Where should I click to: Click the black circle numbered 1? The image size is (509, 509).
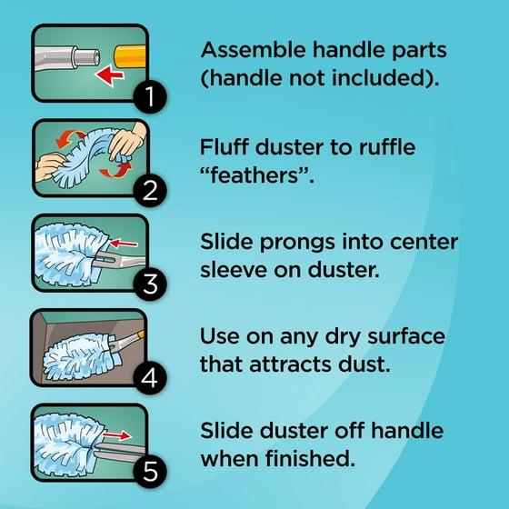(150, 96)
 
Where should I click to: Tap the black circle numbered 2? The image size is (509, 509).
(150, 190)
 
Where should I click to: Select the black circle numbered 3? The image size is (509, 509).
(150, 284)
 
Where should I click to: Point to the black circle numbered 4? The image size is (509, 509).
(150, 377)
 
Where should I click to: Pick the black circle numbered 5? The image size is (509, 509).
(150, 472)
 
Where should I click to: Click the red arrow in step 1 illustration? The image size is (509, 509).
(109, 75)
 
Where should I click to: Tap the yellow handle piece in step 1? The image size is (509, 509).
(129, 56)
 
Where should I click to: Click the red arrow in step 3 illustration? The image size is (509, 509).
(124, 244)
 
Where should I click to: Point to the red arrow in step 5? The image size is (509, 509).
(117, 435)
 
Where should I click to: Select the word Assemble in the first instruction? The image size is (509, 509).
(254, 50)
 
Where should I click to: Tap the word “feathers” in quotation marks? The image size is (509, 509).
(254, 175)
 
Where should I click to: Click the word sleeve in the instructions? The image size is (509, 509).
(234, 270)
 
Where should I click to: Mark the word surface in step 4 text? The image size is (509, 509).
(406, 336)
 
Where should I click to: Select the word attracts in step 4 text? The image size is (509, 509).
(291, 364)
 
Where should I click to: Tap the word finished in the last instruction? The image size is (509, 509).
(308, 458)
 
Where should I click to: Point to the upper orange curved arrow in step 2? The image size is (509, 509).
(70, 137)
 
